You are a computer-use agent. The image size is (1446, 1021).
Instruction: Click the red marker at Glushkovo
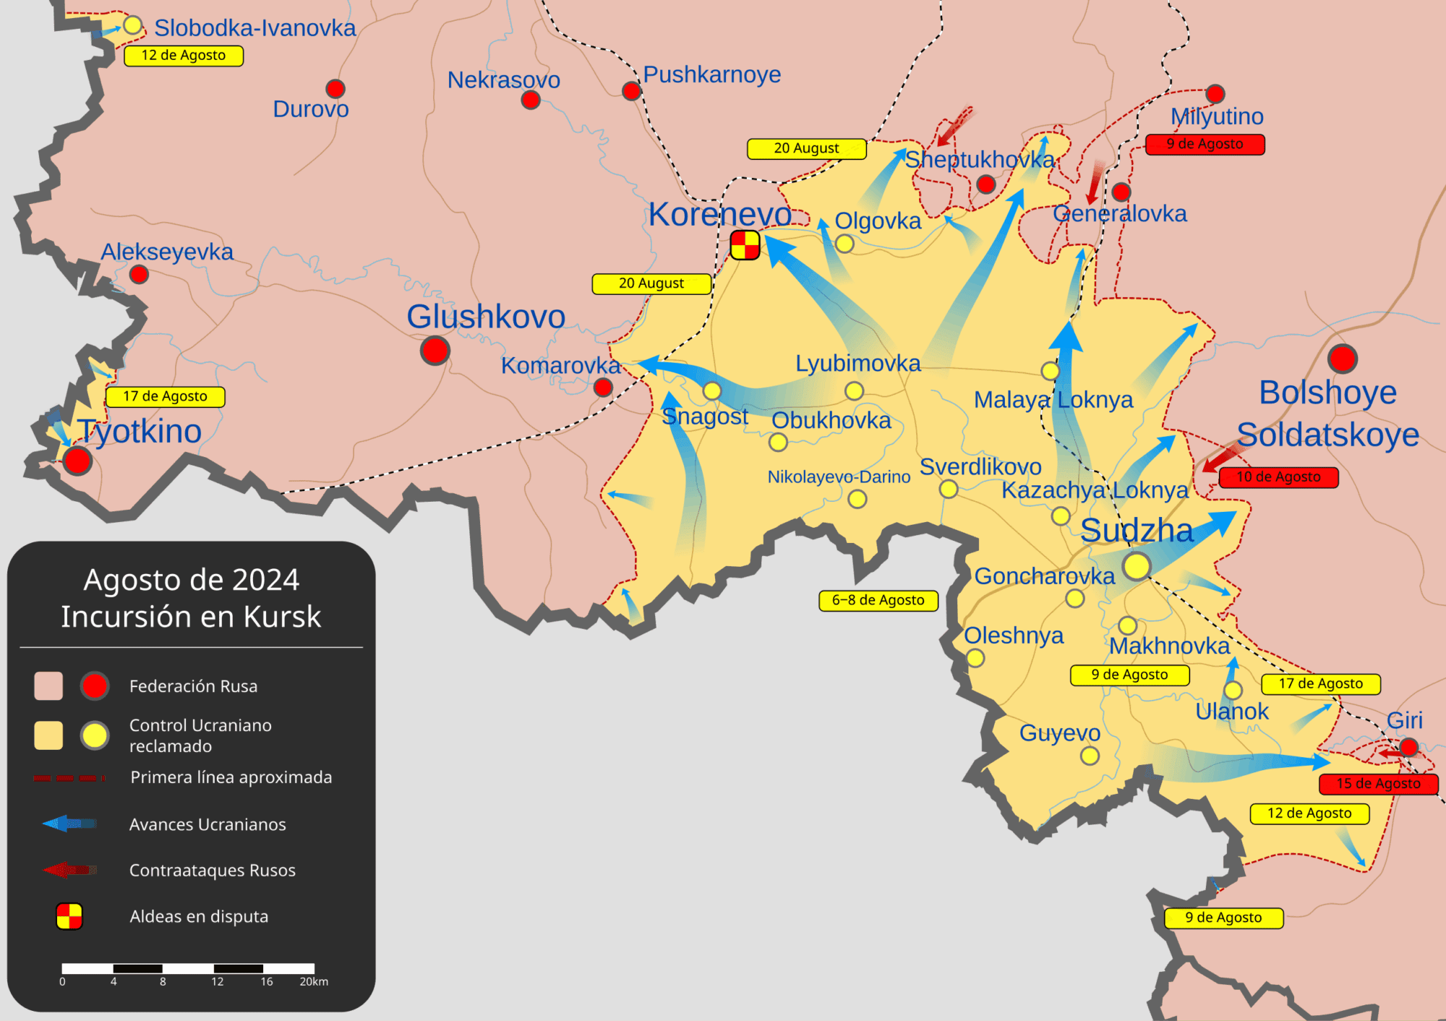435,351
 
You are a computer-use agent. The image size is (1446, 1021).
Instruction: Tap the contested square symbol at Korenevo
745,245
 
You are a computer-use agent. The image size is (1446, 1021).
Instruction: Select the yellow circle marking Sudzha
1136,565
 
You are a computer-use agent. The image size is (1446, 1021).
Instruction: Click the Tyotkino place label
140,432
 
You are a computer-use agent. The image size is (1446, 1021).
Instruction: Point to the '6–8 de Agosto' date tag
878,600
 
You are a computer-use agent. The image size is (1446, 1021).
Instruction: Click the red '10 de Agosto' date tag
1278,477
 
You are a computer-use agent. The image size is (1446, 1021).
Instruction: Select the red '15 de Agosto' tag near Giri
1377,784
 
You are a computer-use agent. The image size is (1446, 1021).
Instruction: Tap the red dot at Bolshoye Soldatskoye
1342,359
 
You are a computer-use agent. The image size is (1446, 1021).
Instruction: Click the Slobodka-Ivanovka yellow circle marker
132,25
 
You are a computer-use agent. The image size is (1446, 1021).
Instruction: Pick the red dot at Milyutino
1215,93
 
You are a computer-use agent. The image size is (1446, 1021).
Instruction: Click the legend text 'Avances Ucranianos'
208,824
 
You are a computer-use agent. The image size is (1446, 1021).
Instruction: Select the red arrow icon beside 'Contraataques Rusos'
69,870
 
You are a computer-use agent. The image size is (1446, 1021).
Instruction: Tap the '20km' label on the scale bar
314,982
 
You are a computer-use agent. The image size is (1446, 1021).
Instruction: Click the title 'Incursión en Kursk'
191,617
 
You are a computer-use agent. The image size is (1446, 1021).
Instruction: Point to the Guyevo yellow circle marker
1090,756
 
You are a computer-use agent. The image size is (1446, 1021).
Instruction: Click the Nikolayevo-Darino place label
839,477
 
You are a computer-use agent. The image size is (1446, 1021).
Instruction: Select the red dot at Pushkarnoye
631,91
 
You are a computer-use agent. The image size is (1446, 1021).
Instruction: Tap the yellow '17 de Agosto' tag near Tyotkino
165,396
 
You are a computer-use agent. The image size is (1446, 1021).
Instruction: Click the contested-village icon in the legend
69,916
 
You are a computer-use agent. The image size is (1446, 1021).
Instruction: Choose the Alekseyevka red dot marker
139,275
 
